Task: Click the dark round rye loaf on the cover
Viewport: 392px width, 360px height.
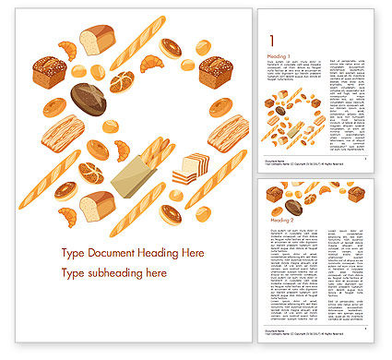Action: [89, 99]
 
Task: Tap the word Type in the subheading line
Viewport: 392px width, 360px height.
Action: [72, 273]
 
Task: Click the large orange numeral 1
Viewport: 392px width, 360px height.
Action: [270, 40]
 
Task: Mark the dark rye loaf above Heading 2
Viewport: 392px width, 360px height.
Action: [293, 207]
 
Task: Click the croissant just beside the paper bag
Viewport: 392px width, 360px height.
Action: [121, 150]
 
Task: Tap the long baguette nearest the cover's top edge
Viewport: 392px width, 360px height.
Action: [137, 42]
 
